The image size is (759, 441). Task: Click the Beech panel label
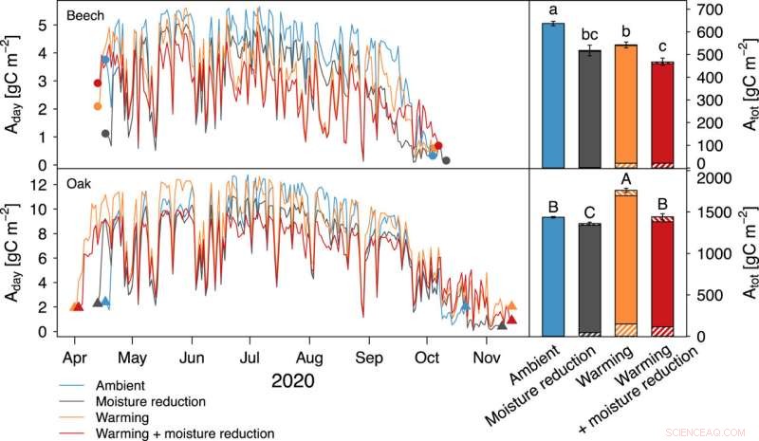(82, 15)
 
